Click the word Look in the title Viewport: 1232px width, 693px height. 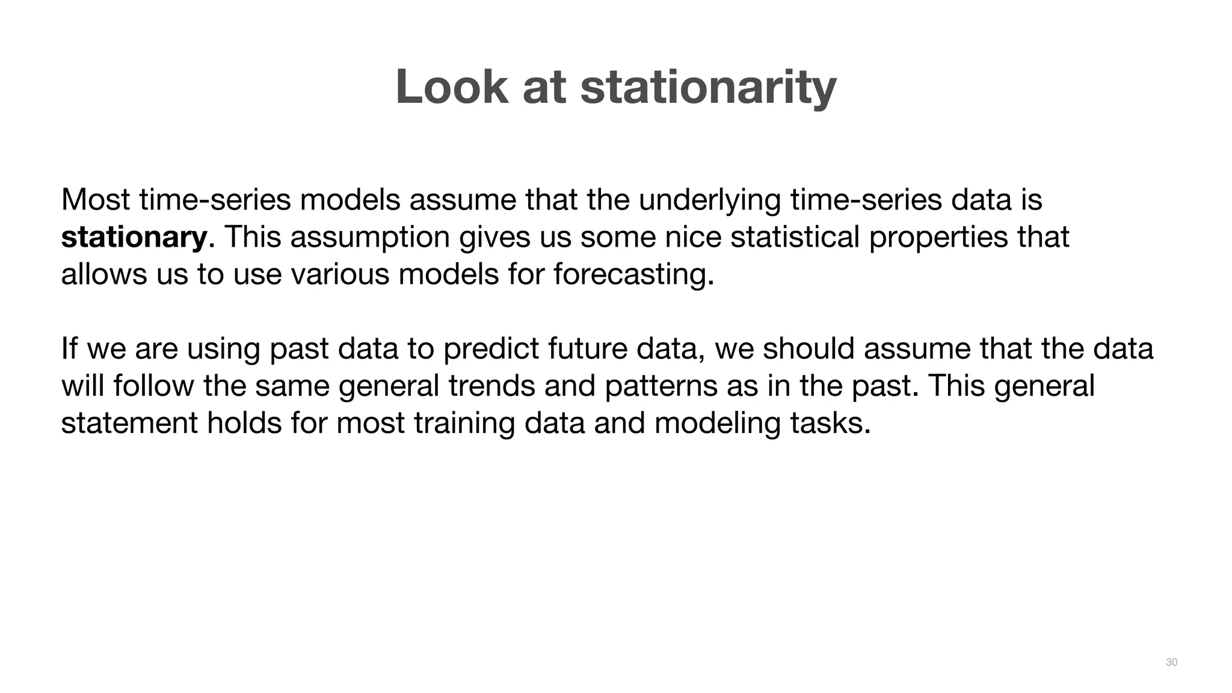click(452, 87)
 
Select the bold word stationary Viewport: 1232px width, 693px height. click(134, 237)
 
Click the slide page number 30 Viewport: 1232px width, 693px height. click(1171, 662)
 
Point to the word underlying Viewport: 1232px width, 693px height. click(709, 200)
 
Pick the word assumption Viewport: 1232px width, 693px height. click(370, 237)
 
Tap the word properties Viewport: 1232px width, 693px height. click(938, 237)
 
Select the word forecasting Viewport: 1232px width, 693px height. click(633, 275)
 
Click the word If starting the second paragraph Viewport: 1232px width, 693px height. click(69, 349)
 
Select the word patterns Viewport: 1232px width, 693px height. click(661, 386)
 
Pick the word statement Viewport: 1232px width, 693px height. click(129, 423)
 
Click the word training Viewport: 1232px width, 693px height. click(464, 423)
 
